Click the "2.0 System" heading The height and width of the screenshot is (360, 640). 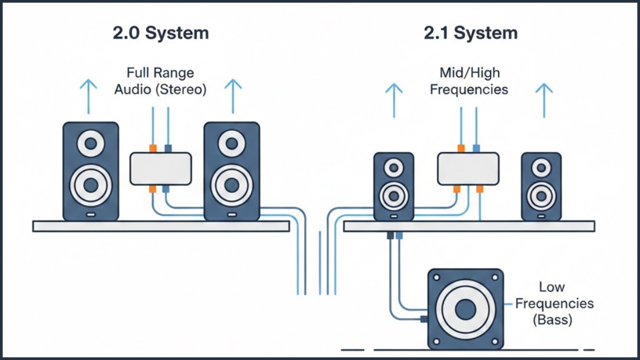(x=161, y=33)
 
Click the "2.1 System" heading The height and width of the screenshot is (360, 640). (x=470, y=33)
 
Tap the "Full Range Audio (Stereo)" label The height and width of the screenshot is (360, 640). (x=161, y=81)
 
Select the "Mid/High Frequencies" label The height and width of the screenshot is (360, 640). (x=469, y=81)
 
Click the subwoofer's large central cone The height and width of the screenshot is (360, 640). (x=466, y=309)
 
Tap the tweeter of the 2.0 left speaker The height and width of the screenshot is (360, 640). (x=91, y=143)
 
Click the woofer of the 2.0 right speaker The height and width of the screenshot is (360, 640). (x=232, y=185)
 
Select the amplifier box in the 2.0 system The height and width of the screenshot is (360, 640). (x=160, y=169)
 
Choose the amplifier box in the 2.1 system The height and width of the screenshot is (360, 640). (x=468, y=169)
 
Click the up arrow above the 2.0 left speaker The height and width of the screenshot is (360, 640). (x=89, y=96)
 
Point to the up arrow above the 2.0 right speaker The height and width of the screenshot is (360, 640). (x=233, y=96)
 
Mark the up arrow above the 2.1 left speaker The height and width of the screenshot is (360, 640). (x=394, y=100)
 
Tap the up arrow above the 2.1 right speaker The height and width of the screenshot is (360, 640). (x=543, y=100)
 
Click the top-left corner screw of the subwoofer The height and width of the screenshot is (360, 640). (x=437, y=278)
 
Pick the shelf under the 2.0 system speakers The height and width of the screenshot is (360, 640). (x=161, y=226)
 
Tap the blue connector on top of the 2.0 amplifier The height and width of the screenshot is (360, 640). (x=168, y=148)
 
